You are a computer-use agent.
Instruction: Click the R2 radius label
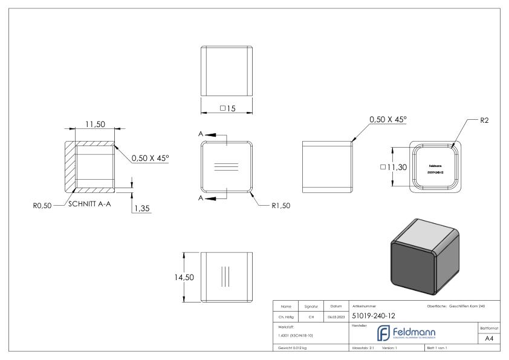484,121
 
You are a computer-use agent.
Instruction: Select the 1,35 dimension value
141,208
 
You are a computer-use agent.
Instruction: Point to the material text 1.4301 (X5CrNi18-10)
296,335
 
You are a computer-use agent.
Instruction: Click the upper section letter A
200,134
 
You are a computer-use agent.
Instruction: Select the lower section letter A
200,198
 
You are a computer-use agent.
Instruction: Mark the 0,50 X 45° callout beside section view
150,158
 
